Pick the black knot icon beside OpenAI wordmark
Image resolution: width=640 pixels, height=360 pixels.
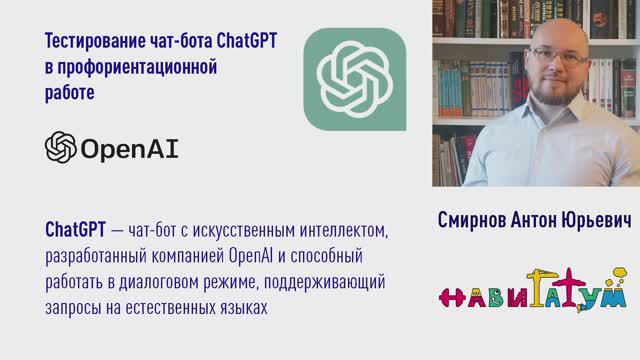pos(61,148)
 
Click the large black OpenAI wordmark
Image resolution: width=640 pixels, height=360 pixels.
pos(130,149)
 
